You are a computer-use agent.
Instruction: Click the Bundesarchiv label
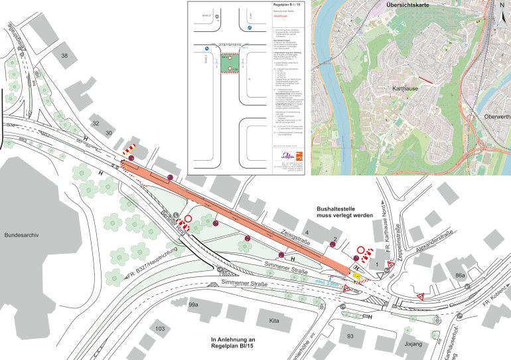coord(23,236)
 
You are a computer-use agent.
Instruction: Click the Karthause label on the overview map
coord(402,87)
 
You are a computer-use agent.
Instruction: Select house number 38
coord(65,56)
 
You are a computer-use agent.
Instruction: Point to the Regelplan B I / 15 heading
coord(287,5)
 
